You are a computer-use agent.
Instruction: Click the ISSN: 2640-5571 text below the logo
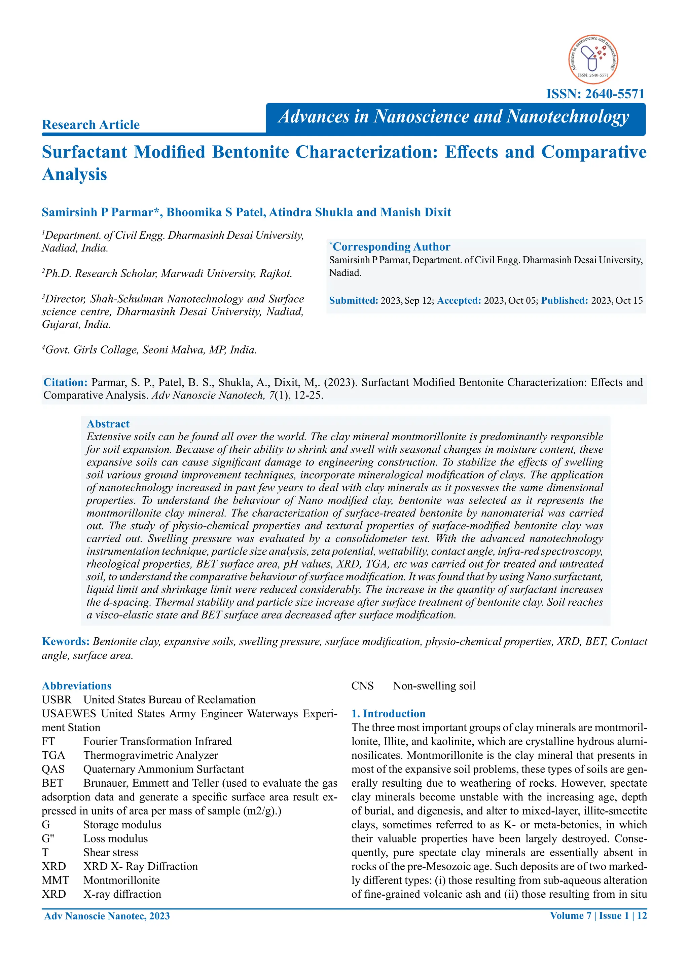[x=595, y=94]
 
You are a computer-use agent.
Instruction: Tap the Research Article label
[x=90, y=125]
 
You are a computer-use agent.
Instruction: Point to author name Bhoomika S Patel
[x=216, y=212]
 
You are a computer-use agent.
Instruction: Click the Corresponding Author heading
[x=391, y=247]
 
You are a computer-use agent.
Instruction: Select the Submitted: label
[x=353, y=300]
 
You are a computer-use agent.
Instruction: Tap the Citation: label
[x=65, y=382]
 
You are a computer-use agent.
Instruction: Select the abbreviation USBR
[x=57, y=700]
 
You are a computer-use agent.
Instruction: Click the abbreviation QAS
[x=53, y=769]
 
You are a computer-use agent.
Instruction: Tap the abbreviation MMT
[x=55, y=880]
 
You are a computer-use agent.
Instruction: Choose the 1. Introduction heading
[x=388, y=714]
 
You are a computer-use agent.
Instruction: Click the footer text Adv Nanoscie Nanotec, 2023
[x=107, y=916]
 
